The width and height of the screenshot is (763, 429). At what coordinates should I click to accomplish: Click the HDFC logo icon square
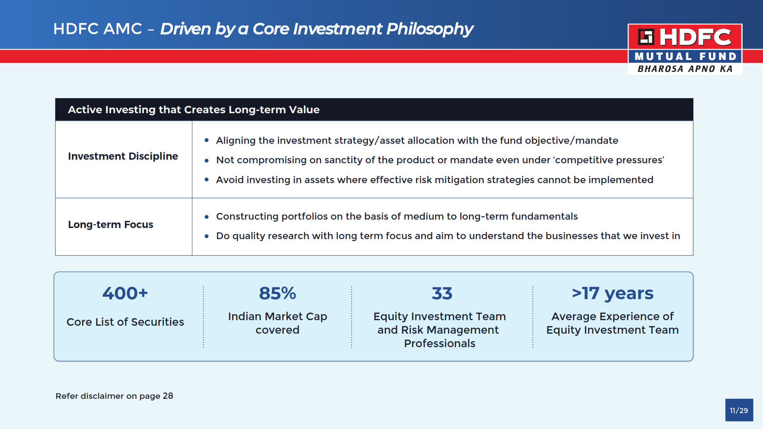[646, 37]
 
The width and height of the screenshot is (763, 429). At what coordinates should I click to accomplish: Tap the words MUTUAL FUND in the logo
[686, 56]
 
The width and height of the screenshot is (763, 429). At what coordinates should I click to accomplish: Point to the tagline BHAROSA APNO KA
[685, 69]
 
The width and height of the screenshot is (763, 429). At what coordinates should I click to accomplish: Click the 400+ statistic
[125, 293]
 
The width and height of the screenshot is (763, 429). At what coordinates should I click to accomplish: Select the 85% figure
[277, 293]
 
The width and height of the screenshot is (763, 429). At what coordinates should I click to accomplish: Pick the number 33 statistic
[442, 293]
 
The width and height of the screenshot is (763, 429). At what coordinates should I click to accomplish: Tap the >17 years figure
[612, 294]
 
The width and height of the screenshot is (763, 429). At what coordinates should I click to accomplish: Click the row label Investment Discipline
[123, 156]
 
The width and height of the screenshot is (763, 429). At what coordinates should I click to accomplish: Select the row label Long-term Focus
[110, 224]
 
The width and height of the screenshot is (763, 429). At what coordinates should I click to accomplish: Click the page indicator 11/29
[739, 410]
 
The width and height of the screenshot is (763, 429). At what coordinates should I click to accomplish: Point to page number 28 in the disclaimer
[168, 396]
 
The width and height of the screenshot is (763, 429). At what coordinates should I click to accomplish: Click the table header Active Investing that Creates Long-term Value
[194, 110]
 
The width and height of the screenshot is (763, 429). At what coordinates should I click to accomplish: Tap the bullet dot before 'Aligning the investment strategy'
[207, 140]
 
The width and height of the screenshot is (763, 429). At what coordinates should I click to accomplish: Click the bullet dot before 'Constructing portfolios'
[207, 217]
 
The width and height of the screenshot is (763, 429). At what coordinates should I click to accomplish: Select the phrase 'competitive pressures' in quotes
[609, 160]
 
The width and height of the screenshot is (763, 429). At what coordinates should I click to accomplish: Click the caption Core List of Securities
[125, 322]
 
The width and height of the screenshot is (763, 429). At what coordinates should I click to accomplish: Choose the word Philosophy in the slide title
[430, 29]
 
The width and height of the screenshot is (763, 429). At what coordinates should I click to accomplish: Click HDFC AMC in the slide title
[97, 29]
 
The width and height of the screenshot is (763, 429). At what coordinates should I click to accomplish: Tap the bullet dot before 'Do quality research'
[207, 236]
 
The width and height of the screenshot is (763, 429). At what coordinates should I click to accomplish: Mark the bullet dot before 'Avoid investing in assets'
[207, 180]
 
